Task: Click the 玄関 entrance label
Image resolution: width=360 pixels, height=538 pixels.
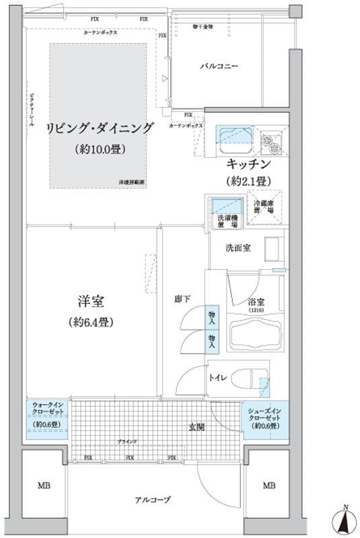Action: (x=196, y=426)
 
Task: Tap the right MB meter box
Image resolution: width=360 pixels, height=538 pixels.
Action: (x=268, y=486)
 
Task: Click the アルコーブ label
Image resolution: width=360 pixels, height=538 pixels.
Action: (x=157, y=500)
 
